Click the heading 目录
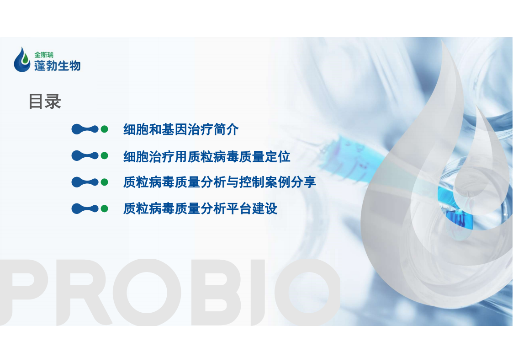[45, 101]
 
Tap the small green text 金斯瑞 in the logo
[44, 55]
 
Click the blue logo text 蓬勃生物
[57, 66]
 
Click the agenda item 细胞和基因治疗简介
[181, 130]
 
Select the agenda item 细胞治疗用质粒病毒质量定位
[207, 157]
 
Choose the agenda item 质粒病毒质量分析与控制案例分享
[220, 182]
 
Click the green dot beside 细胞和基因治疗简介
[104, 129]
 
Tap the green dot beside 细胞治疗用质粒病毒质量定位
[104, 156]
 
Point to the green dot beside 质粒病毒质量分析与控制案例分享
[104, 182]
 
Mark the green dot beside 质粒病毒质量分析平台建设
[104, 208]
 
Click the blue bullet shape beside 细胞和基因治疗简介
[85, 129]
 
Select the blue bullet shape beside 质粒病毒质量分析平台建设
[85, 208]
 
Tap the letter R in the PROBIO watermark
[84, 292]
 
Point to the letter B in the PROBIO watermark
[216, 292]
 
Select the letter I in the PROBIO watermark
[258, 292]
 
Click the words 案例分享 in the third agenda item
[291, 182]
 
